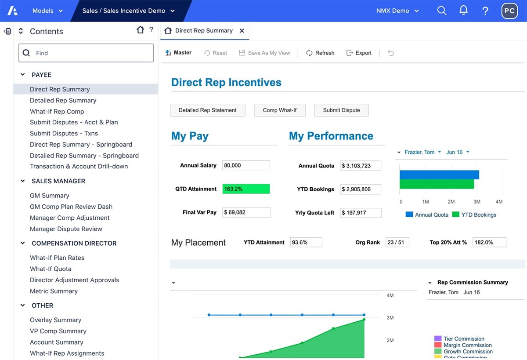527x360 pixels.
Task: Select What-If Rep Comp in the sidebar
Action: [x=57, y=111]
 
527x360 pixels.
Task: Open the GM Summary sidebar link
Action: [x=49, y=196]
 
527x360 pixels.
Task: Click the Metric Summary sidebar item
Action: [x=54, y=291]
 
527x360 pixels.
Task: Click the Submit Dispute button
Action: [x=341, y=110]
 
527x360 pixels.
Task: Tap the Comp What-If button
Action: [x=279, y=110]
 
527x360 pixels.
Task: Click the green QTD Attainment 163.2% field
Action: [x=246, y=189]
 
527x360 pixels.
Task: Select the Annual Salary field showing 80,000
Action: [x=246, y=165]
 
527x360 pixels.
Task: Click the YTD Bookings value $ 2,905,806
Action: [x=360, y=189]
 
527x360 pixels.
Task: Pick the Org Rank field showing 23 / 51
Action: [x=397, y=242]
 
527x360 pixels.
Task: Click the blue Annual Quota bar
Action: [x=439, y=175]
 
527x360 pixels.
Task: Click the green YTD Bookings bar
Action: [x=437, y=184]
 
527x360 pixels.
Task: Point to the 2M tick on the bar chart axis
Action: [x=451, y=202]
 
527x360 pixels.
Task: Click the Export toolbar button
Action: [x=359, y=53]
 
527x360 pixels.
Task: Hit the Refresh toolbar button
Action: [x=320, y=53]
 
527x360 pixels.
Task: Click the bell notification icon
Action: [x=463, y=11]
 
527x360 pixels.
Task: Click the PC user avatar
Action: [x=509, y=11]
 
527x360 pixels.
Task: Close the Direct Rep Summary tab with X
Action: [x=242, y=31]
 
